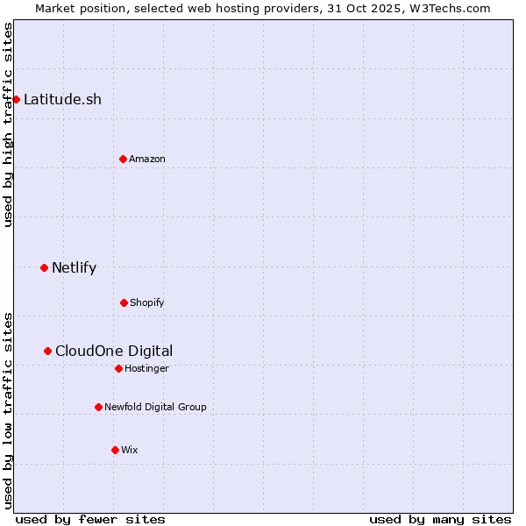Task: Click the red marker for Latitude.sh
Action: point(16,99)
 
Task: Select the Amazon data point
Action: point(123,159)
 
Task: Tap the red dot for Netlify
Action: point(44,267)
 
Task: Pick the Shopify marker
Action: point(124,302)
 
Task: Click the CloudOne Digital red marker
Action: point(47,351)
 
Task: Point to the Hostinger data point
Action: point(118,368)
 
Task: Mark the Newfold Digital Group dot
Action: point(98,407)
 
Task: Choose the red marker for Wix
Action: point(115,450)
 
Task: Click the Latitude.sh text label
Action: point(62,99)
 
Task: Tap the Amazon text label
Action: point(147,159)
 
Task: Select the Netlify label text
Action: point(74,267)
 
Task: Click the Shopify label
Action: point(147,302)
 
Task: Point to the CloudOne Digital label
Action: point(114,351)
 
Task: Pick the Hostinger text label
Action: point(146,368)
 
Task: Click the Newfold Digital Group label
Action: point(155,407)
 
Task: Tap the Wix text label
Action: point(130,450)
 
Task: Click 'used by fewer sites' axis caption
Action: point(90,519)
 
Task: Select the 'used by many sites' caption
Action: point(440,519)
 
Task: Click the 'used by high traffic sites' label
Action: point(8,124)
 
